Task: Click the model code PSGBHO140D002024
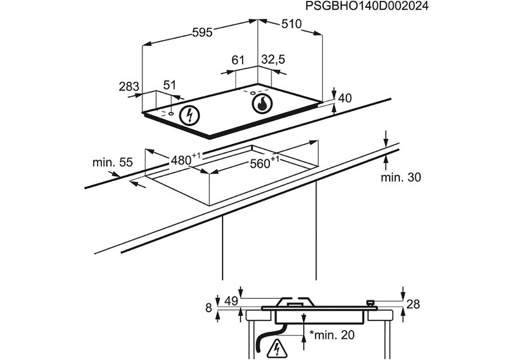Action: pos(367,7)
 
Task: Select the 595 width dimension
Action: pos(202,32)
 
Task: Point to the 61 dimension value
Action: pos(237,60)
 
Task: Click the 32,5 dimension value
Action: pos(273,60)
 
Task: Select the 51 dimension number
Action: pos(170,85)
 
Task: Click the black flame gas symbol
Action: pos(262,103)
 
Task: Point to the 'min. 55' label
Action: pos(113,163)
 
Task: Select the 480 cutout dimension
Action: pos(182,160)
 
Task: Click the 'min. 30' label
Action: pos(400,178)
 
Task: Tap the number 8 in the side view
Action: pos(208,308)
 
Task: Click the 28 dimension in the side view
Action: pos(413,304)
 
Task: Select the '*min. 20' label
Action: pos(332,335)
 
